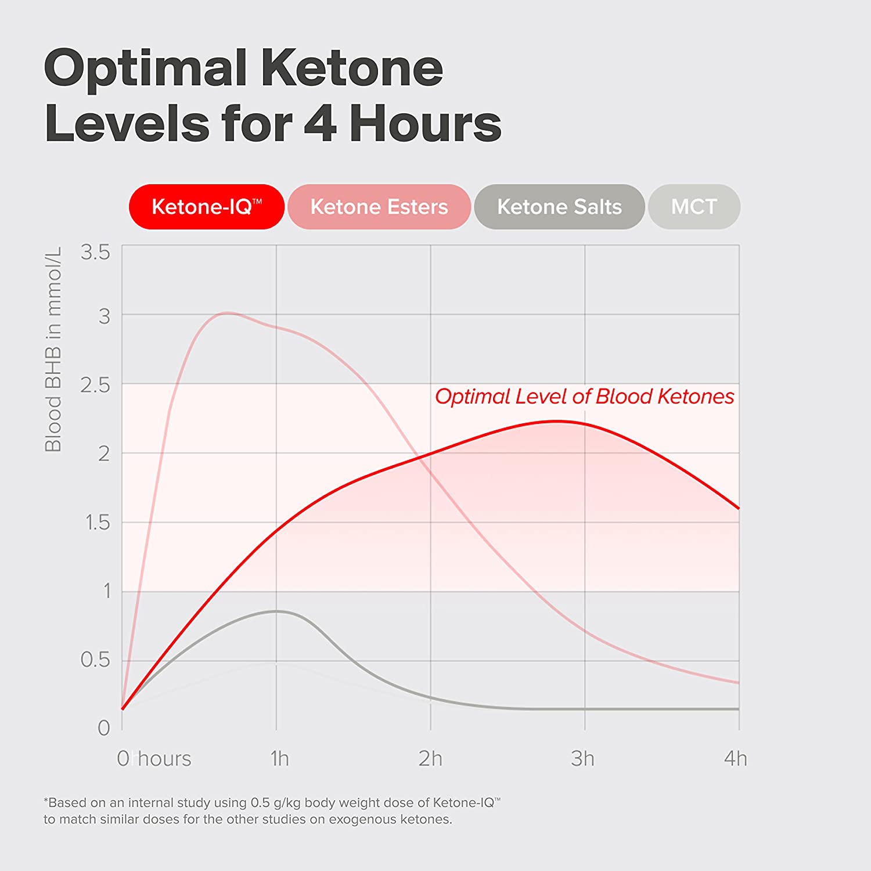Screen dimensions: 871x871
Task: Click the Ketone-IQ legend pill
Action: click(206, 207)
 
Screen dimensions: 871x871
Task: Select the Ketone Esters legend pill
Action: click(379, 207)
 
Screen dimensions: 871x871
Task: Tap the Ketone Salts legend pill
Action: click(559, 207)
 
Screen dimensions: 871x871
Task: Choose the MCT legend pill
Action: click(694, 207)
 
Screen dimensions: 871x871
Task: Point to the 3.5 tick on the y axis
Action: click(95, 252)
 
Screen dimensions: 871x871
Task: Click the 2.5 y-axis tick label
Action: click(95, 385)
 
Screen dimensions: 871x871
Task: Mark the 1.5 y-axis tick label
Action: click(97, 523)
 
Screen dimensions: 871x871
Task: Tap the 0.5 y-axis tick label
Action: click(95, 660)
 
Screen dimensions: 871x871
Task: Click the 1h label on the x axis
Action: click(279, 758)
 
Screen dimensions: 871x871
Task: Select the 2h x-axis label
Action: click(430, 758)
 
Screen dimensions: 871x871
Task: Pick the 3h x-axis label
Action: click(582, 758)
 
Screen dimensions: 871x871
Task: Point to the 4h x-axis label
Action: click(735, 758)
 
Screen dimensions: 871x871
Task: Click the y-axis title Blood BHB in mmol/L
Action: click(53, 349)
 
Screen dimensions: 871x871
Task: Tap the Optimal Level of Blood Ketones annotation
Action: click(584, 397)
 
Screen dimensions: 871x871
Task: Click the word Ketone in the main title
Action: click(351, 69)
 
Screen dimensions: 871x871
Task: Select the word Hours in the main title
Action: click(425, 123)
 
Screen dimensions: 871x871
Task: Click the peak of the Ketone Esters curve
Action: click(228, 313)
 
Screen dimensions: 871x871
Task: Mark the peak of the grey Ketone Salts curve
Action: click(277, 611)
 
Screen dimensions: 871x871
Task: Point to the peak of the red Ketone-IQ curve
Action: click(556, 421)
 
